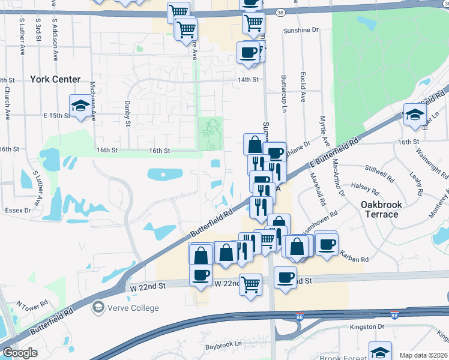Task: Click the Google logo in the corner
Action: point(20,353)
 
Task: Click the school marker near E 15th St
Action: point(80,106)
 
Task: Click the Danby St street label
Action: point(128,114)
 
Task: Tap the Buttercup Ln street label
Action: point(285,94)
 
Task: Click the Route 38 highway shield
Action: point(281,11)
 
